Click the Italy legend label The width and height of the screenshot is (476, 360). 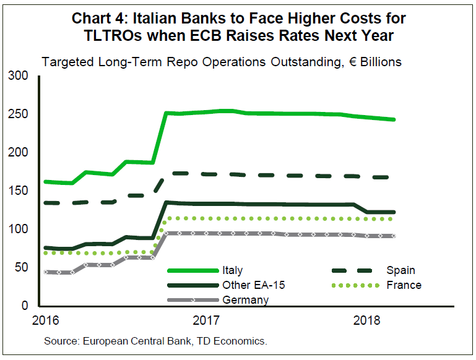(x=232, y=270)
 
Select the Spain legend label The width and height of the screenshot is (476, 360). (x=400, y=270)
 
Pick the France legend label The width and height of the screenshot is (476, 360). (x=404, y=285)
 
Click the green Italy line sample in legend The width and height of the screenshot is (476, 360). (x=192, y=270)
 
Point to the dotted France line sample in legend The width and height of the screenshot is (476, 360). (x=359, y=285)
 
